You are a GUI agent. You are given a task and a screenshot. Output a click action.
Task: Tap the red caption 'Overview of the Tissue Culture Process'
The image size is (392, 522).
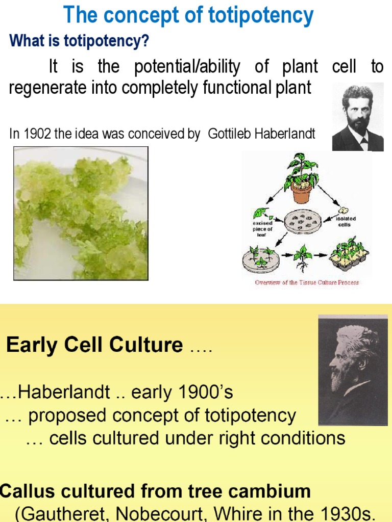pos(307,282)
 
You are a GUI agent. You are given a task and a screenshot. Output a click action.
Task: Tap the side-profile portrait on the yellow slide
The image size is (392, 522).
pos(352,370)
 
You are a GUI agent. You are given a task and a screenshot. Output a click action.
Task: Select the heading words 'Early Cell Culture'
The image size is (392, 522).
pos(94,345)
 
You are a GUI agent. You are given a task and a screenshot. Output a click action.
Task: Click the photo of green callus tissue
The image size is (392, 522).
pos(81,213)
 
